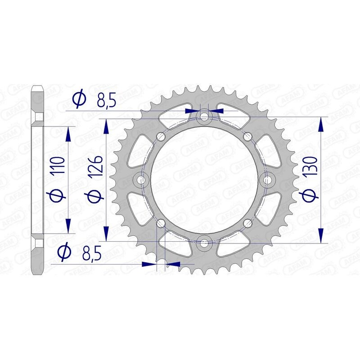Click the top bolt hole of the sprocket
(205, 117)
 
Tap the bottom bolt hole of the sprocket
(205, 243)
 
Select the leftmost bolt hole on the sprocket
(142, 180)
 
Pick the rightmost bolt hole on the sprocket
(268, 180)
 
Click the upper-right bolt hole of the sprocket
(246, 136)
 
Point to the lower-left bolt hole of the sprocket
(161, 222)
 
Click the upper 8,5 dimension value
(107, 100)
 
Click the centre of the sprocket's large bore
(205, 180)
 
